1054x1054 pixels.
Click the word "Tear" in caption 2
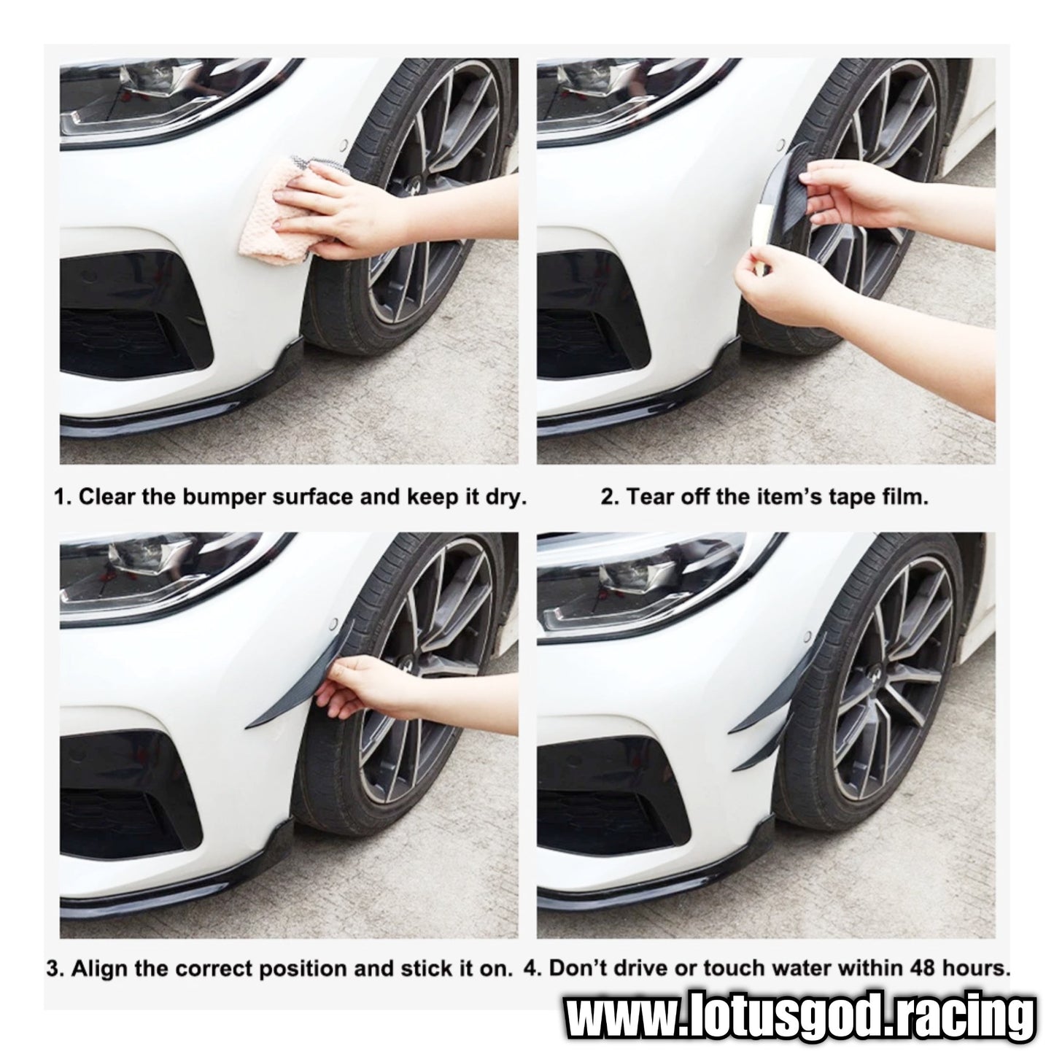click(651, 497)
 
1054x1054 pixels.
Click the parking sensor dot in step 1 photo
click(344, 145)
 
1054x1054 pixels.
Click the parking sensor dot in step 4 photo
click(807, 637)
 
